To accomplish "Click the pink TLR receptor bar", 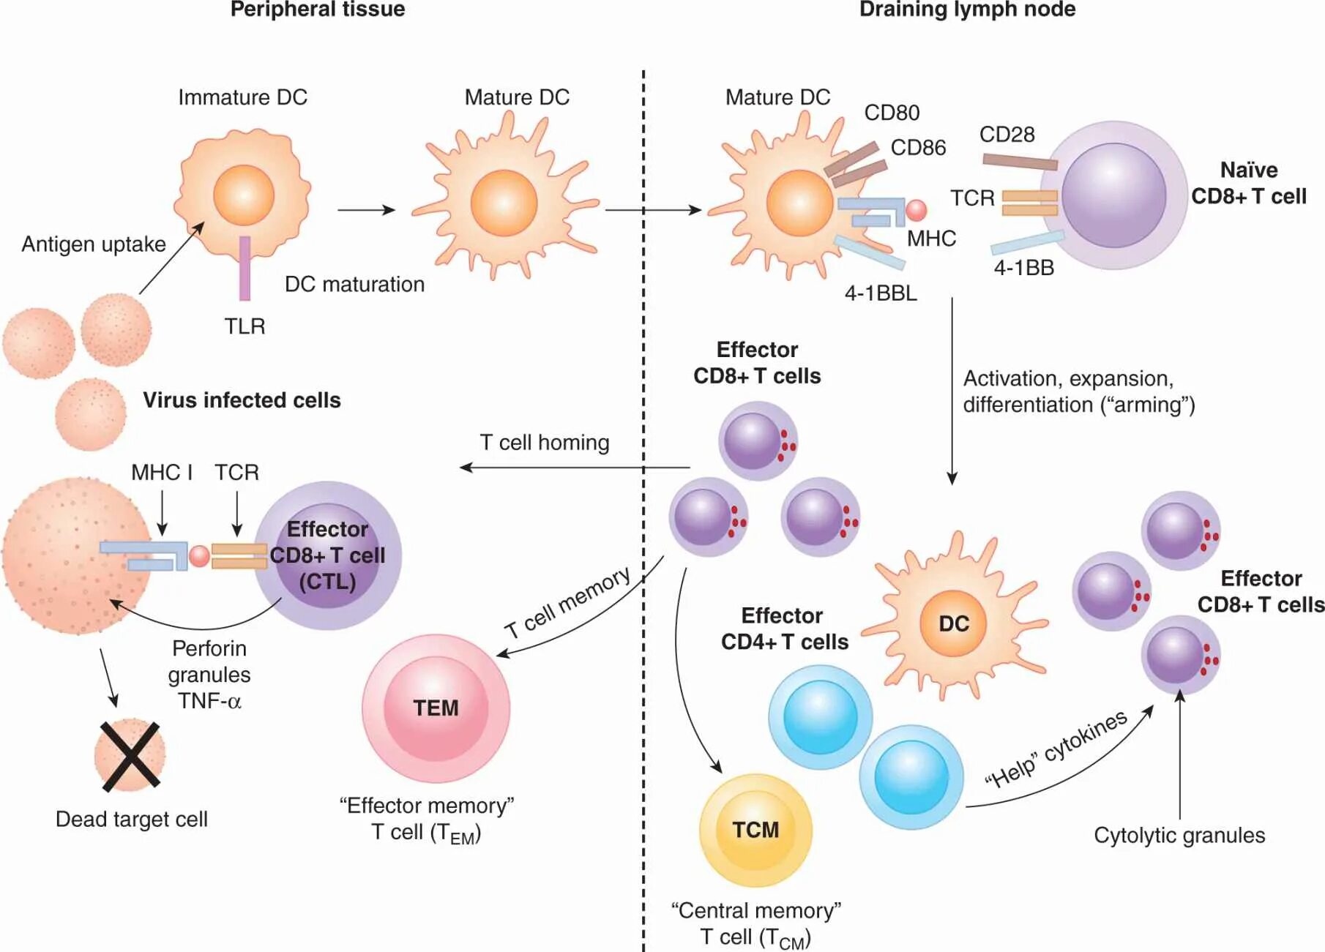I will tap(245, 268).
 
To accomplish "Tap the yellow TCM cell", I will tap(755, 830).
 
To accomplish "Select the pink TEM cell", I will tap(436, 708).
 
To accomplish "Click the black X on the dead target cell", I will tap(130, 756).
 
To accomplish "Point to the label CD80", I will tap(891, 113).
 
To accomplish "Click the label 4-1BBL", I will tap(880, 293).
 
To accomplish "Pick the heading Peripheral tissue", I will tap(317, 10).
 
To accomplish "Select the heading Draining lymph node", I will tap(966, 10).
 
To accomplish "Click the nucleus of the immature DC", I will tap(244, 195).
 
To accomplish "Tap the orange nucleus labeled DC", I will tap(953, 623).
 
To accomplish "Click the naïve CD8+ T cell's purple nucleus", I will tap(1113, 195).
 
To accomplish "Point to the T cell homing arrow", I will tap(575, 467).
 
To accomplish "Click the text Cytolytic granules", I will tap(1179, 835).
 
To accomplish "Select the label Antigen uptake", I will tap(94, 244).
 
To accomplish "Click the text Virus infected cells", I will tap(242, 400).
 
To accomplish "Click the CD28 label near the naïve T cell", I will tap(1007, 135).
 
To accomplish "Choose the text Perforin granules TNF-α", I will tap(209, 674).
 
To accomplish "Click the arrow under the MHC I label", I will tap(163, 513).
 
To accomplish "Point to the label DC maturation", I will tap(354, 284).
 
